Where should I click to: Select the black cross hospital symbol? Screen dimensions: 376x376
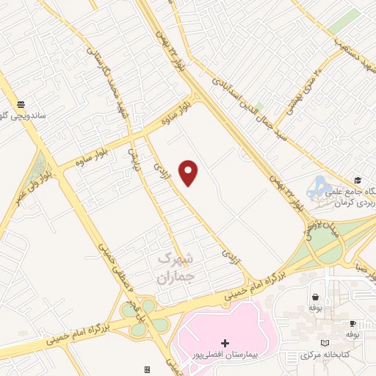(x=225, y=343)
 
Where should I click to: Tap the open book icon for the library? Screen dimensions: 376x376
(x=325, y=343)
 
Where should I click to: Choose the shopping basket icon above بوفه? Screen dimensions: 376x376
(x=315, y=297)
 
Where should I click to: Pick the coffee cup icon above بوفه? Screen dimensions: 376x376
(x=353, y=323)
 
